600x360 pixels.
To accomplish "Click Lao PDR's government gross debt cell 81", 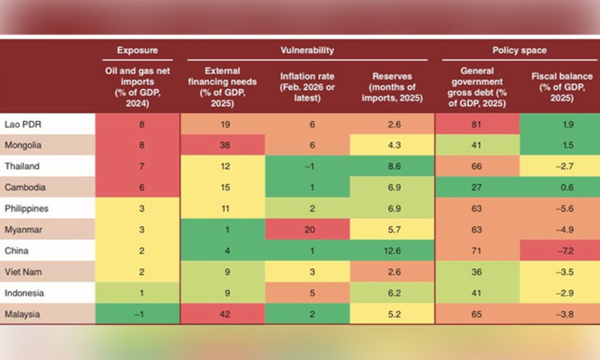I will [478, 124].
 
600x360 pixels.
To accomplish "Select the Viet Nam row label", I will [20, 271].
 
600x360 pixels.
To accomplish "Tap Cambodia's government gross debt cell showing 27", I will [478, 187].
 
